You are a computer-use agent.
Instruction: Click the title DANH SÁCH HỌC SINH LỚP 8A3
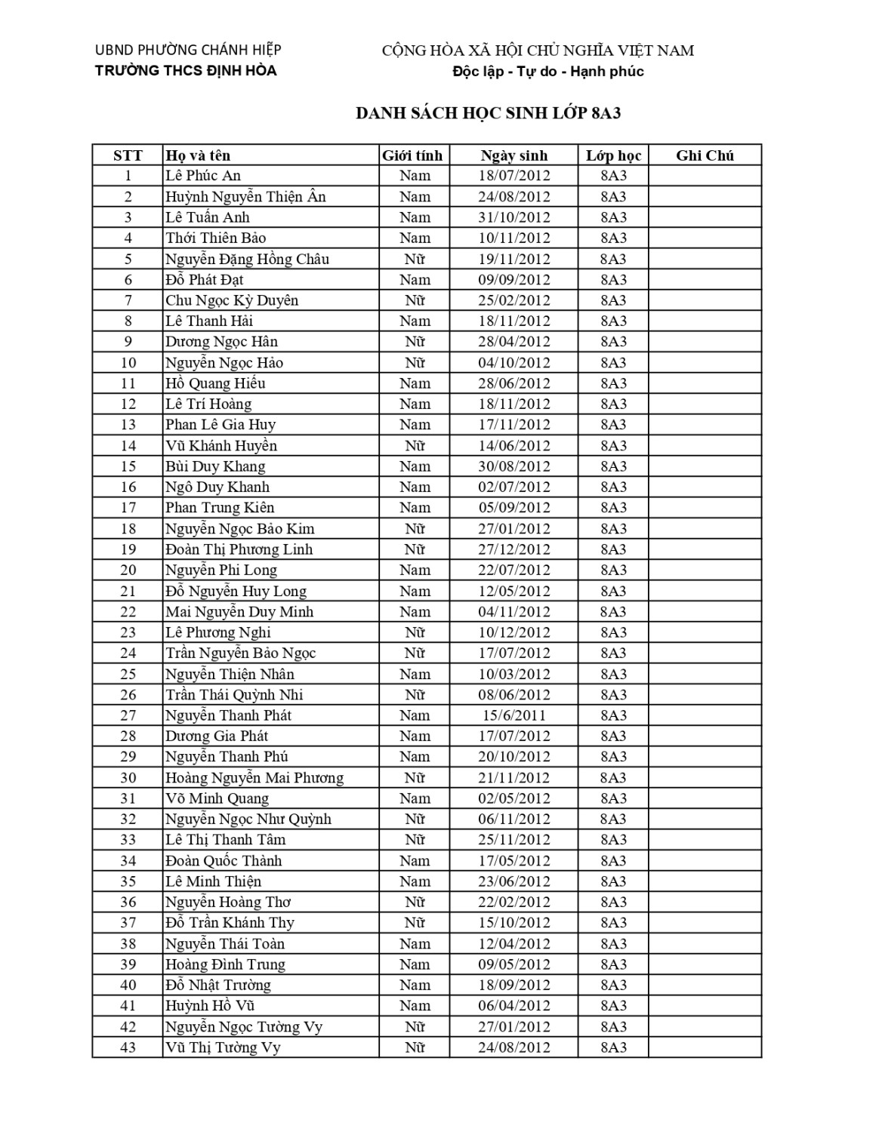point(488,113)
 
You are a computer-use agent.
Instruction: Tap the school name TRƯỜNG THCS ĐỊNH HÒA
point(186,71)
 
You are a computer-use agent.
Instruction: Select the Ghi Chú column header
point(705,155)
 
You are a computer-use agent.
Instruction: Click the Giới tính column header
point(412,155)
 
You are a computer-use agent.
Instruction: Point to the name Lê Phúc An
point(203,176)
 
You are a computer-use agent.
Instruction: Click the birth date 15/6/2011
point(514,715)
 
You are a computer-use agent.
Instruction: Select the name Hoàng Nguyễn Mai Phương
point(254,777)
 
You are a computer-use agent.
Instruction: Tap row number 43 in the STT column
point(128,1047)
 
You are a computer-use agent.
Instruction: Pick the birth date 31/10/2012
point(514,217)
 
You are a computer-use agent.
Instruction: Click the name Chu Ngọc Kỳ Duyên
point(232,300)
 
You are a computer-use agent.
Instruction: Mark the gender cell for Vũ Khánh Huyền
point(415,445)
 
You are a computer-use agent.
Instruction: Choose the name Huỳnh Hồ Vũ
point(210,1006)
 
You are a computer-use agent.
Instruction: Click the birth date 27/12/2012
point(514,549)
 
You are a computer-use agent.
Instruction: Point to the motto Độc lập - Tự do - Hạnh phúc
point(547,72)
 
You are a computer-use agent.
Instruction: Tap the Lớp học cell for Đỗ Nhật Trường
point(613,985)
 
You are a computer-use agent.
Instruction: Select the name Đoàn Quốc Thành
point(224,860)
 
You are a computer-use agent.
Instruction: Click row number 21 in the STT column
point(128,591)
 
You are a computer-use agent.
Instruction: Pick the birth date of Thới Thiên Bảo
point(514,238)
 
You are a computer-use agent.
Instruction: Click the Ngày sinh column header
point(514,155)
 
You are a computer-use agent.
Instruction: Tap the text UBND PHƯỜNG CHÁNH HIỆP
point(188,50)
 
